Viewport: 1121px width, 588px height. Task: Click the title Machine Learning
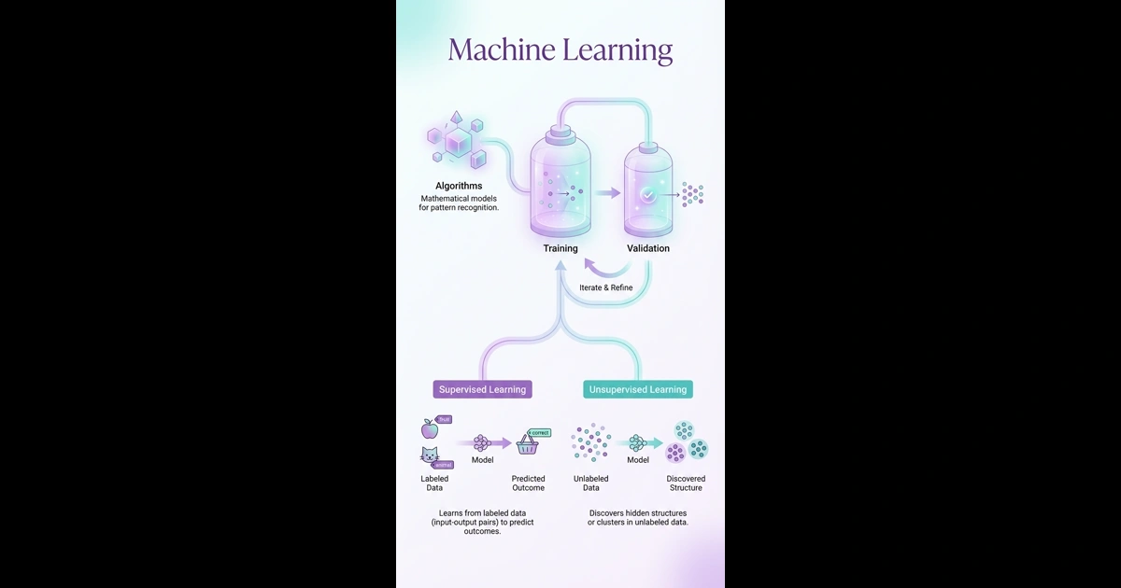click(560, 49)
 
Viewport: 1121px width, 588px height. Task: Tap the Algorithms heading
click(459, 186)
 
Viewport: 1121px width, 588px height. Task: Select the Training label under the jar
click(560, 248)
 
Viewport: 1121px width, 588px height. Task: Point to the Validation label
click(647, 248)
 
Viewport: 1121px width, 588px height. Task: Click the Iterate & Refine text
click(605, 287)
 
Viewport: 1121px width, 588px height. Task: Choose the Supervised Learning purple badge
click(483, 389)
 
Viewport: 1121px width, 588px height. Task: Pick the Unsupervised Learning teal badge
click(638, 389)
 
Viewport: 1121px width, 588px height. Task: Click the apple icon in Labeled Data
click(430, 428)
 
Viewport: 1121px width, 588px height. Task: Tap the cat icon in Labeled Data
click(429, 456)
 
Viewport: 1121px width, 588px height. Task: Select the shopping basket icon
click(528, 445)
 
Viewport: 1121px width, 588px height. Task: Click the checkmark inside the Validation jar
click(647, 194)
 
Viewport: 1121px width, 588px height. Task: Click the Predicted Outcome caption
click(528, 483)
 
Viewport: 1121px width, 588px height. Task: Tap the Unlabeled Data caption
click(590, 483)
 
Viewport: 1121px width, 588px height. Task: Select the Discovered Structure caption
click(686, 483)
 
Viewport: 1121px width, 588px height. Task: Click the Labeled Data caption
click(434, 483)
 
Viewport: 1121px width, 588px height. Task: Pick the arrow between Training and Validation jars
click(608, 193)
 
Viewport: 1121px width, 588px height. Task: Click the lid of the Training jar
click(560, 136)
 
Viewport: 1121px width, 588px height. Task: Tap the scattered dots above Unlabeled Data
click(590, 442)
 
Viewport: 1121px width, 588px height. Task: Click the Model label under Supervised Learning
click(482, 460)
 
